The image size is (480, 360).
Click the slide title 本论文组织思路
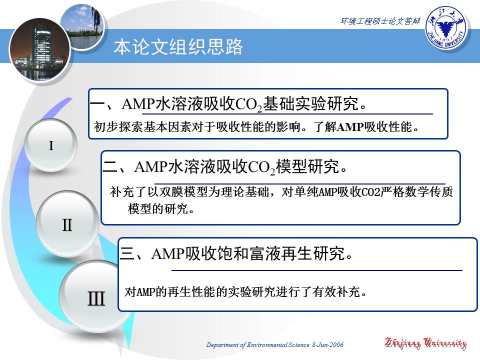(x=178, y=47)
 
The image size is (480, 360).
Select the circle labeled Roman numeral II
(x=67, y=225)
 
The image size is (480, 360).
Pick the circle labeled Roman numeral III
(x=96, y=299)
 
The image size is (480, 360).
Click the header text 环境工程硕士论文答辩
(x=380, y=21)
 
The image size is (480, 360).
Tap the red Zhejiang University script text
(x=425, y=343)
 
